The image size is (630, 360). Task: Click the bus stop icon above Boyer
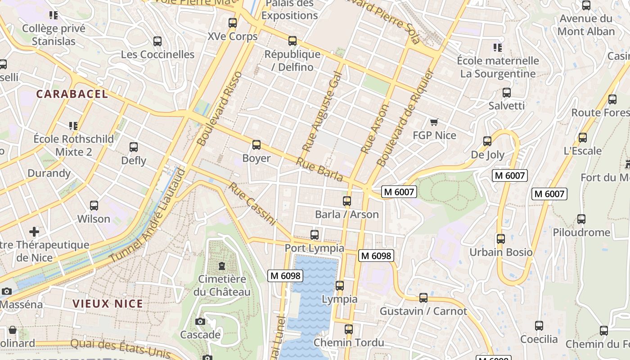[x=256, y=144]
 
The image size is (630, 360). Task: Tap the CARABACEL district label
[x=72, y=94]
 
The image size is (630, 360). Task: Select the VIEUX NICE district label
[x=108, y=304]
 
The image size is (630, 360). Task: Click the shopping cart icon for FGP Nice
[x=434, y=122]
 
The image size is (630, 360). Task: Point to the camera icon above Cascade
[x=200, y=321]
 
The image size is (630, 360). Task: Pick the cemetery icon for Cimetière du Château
[x=221, y=266]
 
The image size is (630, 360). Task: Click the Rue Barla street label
[x=319, y=170]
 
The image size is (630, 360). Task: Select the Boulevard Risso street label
[x=220, y=109]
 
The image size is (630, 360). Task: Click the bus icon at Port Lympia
[x=315, y=234]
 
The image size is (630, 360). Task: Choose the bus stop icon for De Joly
[x=487, y=141]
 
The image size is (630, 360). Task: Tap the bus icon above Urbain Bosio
[x=501, y=239]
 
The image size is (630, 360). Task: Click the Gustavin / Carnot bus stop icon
[x=423, y=297]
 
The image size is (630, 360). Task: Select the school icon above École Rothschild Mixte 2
[x=73, y=126]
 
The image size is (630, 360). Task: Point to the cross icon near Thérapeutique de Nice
[x=34, y=232]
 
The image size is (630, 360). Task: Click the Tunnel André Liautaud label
[x=148, y=216]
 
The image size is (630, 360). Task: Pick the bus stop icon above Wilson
[x=94, y=206]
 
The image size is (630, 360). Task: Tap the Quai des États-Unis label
[x=121, y=349]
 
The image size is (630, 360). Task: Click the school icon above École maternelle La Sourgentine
[x=497, y=47]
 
